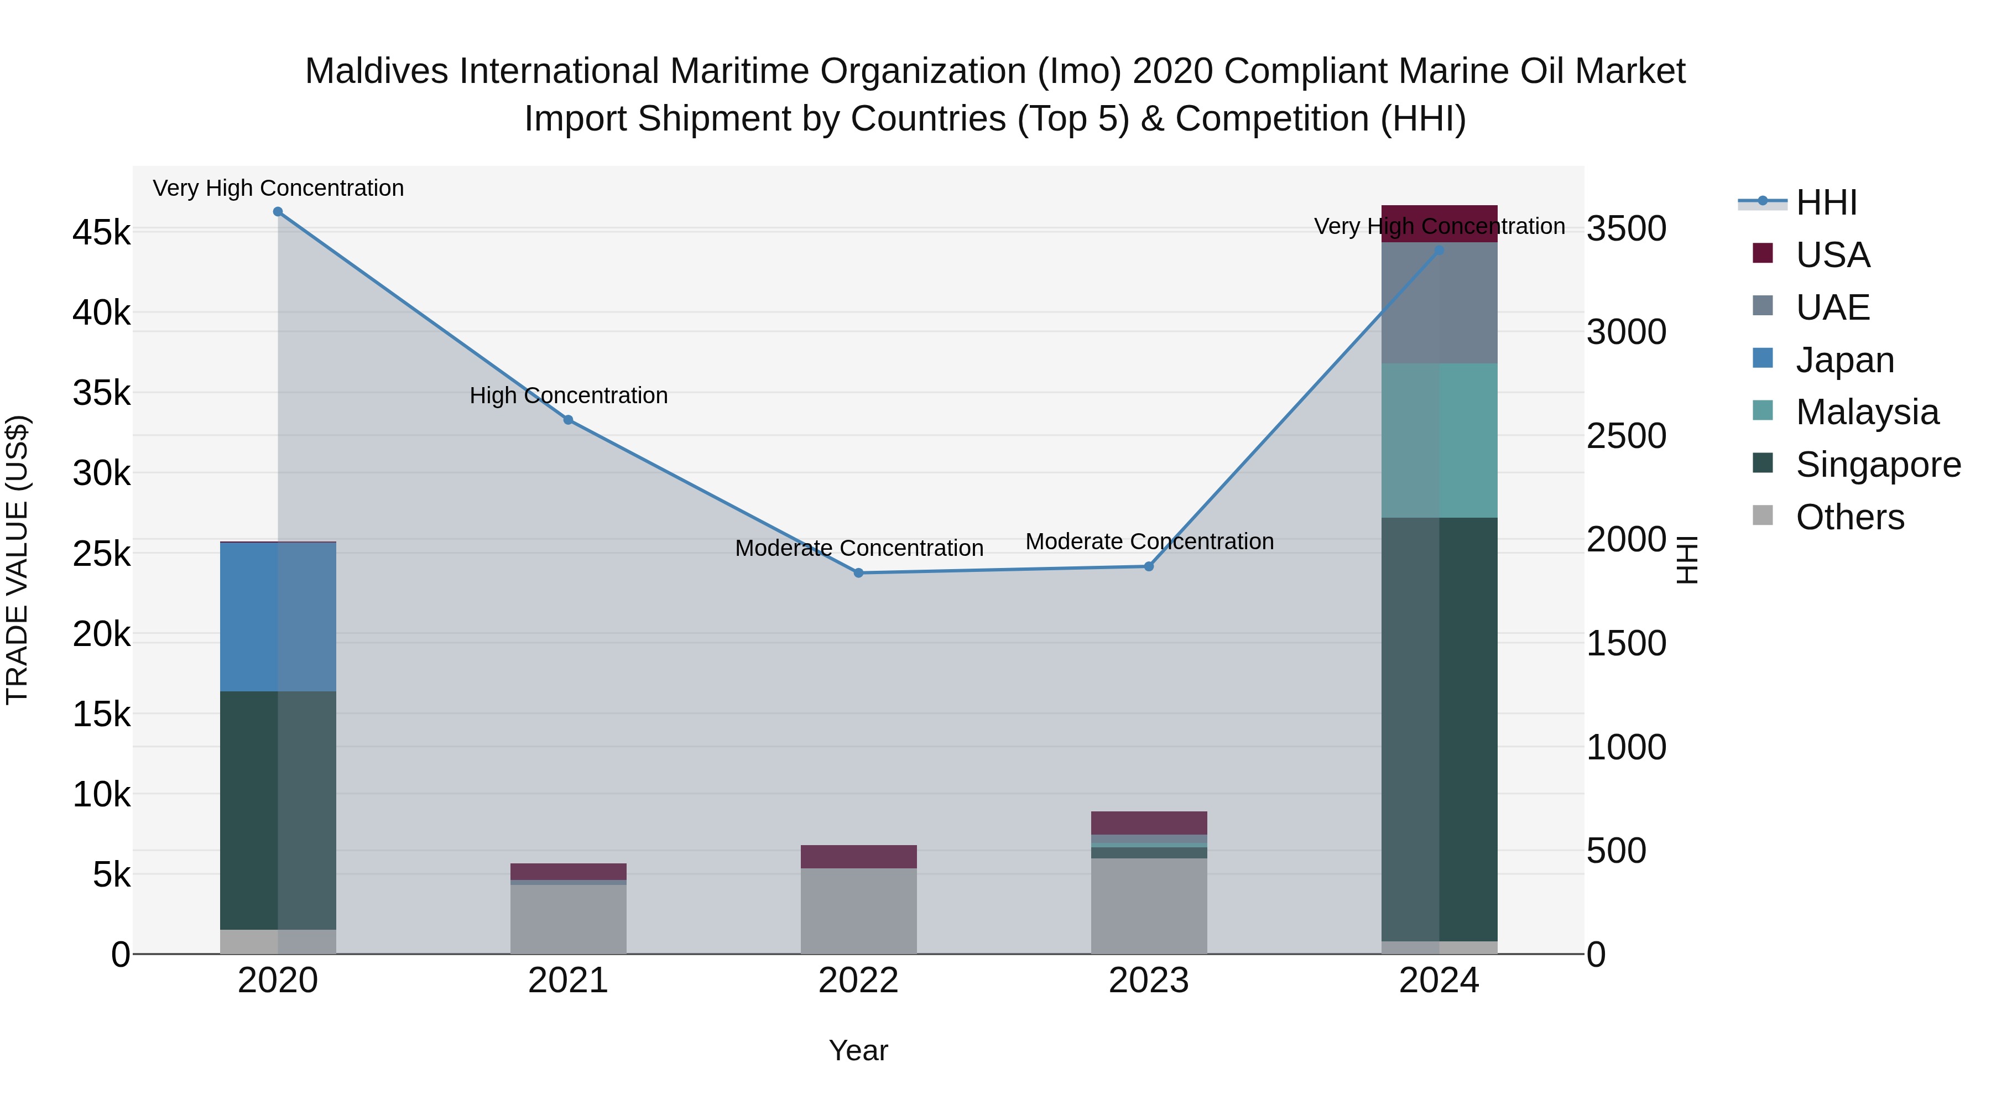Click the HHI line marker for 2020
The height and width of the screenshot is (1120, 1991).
click(278, 212)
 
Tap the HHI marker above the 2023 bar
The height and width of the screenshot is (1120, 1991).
click(1149, 566)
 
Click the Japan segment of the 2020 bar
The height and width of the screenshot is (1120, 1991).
click(278, 617)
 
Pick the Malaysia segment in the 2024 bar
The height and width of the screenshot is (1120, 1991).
click(1439, 441)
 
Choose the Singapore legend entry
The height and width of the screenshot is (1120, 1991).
click(1878, 465)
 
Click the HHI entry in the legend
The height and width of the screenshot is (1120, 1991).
click(1826, 202)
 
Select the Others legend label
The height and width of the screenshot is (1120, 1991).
click(1849, 517)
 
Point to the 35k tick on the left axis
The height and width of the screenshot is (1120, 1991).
click(101, 393)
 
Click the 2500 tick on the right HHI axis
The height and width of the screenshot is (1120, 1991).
click(1626, 436)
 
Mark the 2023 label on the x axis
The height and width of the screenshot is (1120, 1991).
click(1149, 981)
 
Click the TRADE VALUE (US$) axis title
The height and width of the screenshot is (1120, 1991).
click(18, 560)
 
